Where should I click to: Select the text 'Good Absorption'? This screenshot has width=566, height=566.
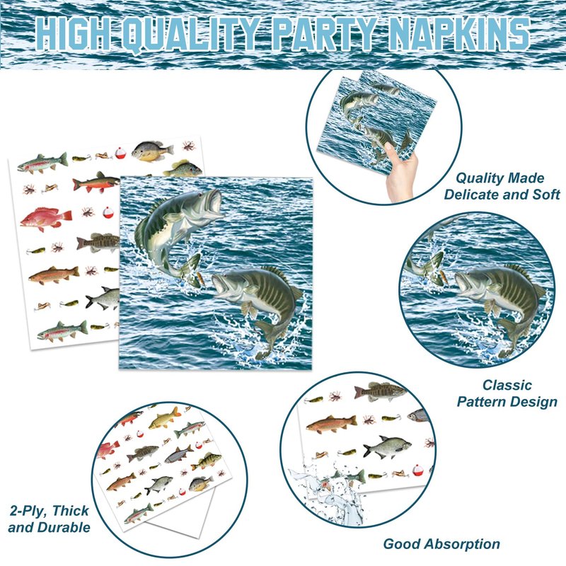pos(441,543)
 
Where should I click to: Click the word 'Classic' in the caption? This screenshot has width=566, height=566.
pos(507,385)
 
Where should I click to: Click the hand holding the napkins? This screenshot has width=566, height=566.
pos(400,173)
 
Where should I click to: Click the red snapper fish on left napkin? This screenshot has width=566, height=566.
pos(45,218)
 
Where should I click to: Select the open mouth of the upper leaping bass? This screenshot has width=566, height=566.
pos(215,202)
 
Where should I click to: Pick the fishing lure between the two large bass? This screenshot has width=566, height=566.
pos(200,279)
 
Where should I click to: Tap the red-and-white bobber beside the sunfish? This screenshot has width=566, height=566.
pos(120,154)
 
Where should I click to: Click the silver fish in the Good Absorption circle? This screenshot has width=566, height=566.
pos(387,447)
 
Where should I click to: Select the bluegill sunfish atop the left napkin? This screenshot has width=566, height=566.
pos(152,151)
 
